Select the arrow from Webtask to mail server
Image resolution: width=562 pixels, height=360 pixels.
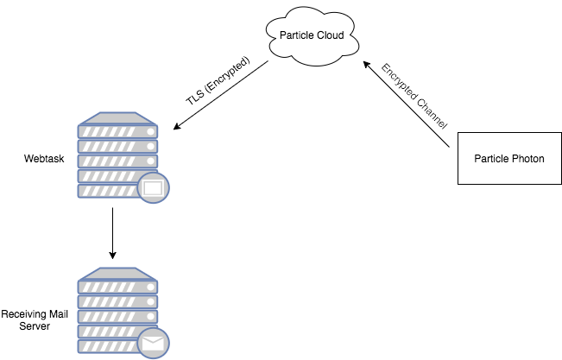click(113, 232)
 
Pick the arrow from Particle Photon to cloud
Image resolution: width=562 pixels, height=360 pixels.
click(406, 109)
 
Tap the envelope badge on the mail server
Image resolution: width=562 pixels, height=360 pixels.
click(154, 344)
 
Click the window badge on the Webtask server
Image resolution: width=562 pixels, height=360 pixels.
click(152, 187)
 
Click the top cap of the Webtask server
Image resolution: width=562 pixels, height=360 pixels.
click(117, 117)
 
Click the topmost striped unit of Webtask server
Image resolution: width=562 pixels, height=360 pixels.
click(117, 132)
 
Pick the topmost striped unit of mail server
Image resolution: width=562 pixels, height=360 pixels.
click(117, 287)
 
